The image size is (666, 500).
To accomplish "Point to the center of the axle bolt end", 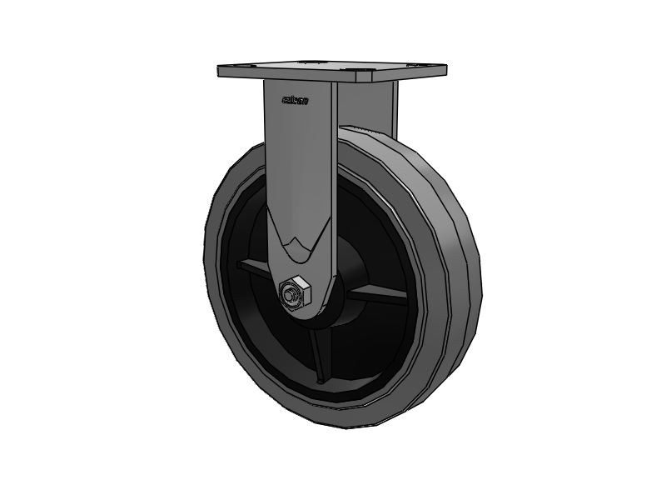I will click(291, 294).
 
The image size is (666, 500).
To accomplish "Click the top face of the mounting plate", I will click(333, 67).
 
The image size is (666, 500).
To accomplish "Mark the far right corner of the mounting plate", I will click(445, 68).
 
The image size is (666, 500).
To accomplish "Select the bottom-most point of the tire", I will click(350, 427).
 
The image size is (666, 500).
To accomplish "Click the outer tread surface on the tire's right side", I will click(466, 275).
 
